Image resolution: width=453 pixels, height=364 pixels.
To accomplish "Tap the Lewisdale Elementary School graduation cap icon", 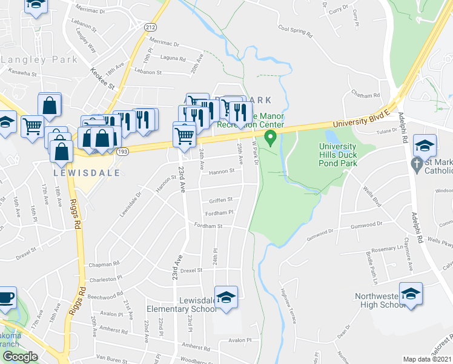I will coord(226,298).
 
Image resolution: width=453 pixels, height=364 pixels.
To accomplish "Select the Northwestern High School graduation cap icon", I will coord(411,294).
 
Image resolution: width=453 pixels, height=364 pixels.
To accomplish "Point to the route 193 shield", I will coord(124,149).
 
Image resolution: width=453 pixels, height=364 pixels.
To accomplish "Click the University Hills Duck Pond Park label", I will coord(342,155).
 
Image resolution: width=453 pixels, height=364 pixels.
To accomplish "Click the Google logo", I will coord(20,357).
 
